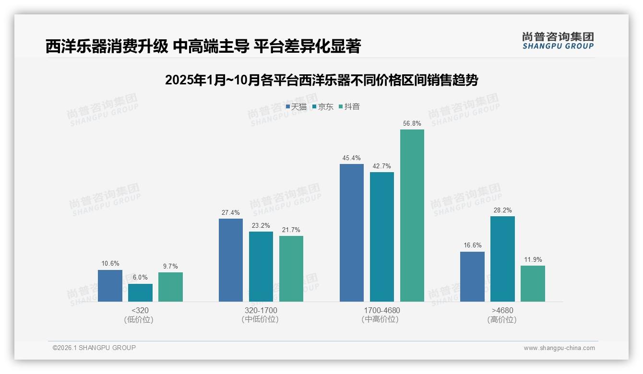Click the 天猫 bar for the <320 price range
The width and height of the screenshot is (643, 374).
tap(110, 286)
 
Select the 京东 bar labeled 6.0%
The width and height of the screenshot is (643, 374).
tap(140, 292)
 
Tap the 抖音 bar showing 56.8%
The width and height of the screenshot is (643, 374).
tap(412, 215)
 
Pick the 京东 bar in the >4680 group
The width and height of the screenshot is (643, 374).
tap(502, 259)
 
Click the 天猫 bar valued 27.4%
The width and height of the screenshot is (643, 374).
tap(231, 260)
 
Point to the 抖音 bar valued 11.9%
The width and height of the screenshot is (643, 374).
tap(533, 283)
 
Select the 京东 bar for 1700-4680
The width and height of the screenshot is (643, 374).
tap(382, 237)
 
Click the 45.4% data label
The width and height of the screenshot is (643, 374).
tap(352, 158)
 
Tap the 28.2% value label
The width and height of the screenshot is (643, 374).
tap(502, 210)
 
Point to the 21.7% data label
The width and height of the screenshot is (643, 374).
tap(291, 230)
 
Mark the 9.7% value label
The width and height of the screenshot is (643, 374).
tap(170, 266)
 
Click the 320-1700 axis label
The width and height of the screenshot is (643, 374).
tap(261, 310)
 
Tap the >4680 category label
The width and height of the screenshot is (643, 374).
tap(502, 310)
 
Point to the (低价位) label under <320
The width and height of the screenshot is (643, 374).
tap(139, 320)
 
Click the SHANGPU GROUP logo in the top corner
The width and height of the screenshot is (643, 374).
tap(558, 41)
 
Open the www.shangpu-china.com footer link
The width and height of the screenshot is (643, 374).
tap(559, 348)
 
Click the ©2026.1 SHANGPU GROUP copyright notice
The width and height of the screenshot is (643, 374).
tap(94, 348)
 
